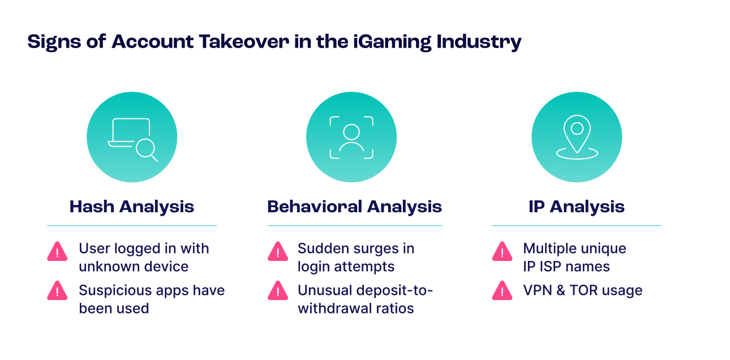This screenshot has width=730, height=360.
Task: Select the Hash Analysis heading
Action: point(132,207)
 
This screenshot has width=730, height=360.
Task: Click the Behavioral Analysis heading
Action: point(354,207)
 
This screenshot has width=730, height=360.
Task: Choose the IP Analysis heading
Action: point(576,207)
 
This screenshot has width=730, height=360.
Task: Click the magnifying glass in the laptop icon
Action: point(146,149)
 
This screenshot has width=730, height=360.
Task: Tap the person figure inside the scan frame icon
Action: point(351,138)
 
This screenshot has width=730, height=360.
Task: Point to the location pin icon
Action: point(577,134)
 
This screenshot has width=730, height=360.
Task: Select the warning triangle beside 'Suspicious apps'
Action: point(57,291)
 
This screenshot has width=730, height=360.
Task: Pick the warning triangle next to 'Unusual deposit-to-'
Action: point(277,291)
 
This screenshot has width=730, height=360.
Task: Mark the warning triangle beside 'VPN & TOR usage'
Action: point(502,291)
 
